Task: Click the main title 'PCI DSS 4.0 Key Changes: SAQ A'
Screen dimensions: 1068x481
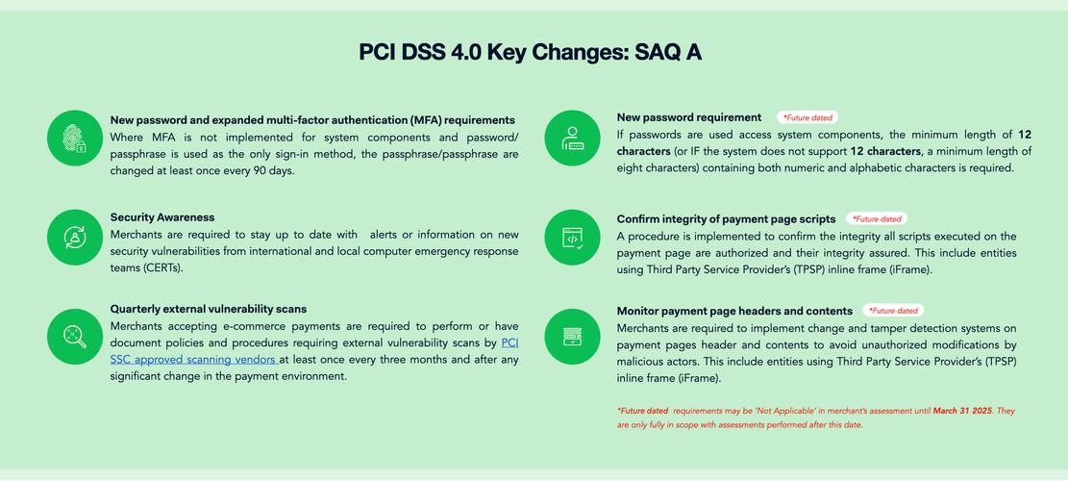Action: (x=530, y=53)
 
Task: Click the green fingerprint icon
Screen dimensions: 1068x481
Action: (x=75, y=139)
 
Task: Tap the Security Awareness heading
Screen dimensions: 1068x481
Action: (x=162, y=217)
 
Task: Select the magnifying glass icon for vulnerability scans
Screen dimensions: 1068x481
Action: (x=75, y=337)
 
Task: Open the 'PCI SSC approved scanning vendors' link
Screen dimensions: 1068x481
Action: (x=314, y=351)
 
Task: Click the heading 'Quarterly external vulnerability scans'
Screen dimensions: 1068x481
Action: (x=209, y=310)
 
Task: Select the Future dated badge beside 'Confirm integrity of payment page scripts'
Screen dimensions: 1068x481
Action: (x=877, y=219)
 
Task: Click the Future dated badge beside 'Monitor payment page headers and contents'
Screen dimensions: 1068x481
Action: (x=894, y=311)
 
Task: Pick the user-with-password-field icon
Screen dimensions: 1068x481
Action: (x=572, y=139)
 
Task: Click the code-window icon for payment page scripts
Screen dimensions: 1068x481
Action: (x=572, y=238)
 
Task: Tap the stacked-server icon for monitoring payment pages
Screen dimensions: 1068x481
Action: (x=572, y=337)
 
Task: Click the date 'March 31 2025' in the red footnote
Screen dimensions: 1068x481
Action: (x=963, y=411)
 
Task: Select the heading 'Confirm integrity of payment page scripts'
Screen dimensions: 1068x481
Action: (x=726, y=219)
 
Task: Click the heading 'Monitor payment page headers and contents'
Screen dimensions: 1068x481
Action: (x=735, y=312)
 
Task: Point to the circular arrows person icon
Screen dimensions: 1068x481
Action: (x=75, y=238)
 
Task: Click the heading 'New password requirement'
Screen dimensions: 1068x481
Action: (x=689, y=117)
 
